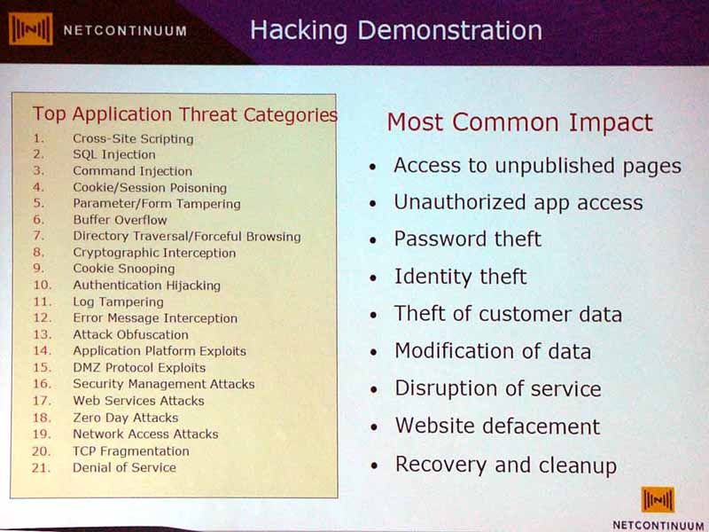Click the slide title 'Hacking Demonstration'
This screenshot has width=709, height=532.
click(396, 31)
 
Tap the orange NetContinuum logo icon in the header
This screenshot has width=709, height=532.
click(30, 29)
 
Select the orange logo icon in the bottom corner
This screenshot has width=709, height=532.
click(658, 500)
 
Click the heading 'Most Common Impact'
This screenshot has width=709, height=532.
click(519, 122)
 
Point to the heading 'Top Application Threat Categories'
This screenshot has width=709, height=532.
click(185, 114)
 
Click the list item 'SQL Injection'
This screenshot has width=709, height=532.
click(114, 154)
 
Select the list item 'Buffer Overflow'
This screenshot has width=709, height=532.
click(120, 220)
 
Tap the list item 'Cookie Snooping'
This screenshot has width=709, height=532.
click(124, 269)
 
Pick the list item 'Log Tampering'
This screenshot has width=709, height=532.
click(118, 301)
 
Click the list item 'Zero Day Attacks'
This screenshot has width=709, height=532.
click(126, 418)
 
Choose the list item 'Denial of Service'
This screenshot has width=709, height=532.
click(124, 467)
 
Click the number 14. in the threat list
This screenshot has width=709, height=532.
click(42, 350)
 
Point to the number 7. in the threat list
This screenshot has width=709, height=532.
click(39, 236)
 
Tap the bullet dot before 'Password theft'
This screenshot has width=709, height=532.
click(372, 240)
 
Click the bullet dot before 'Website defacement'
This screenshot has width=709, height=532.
click(373, 427)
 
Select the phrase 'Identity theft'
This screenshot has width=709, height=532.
click(460, 277)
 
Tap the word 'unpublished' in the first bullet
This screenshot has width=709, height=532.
click(555, 166)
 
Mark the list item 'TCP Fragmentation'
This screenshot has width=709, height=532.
click(131, 451)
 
